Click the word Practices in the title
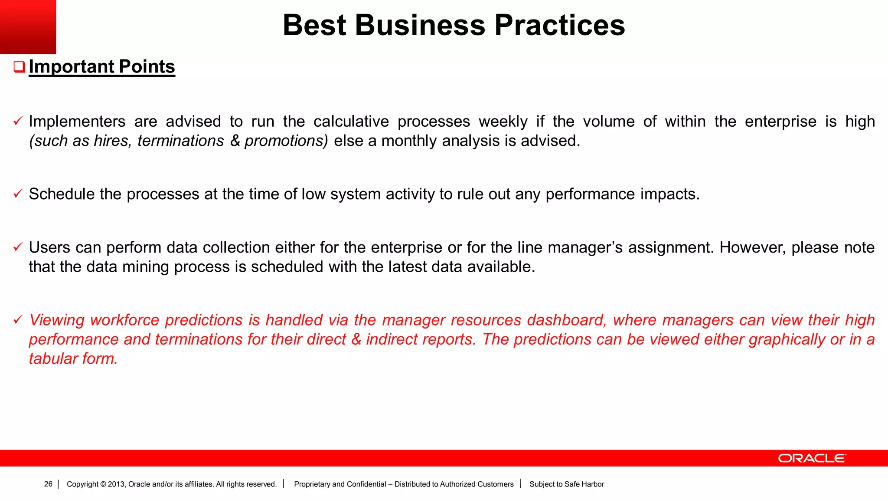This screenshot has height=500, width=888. click(559, 25)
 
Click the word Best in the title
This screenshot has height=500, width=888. click(314, 25)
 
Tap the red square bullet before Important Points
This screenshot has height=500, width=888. click(19, 67)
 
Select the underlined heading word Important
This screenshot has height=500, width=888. click(71, 67)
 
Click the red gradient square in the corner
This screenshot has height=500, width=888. click(28, 26)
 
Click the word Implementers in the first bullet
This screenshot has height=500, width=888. click(77, 122)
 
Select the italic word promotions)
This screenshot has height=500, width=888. click(286, 141)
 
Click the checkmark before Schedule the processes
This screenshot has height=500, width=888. click(18, 194)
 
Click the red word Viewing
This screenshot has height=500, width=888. click(57, 320)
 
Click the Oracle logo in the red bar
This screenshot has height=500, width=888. click(812, 458)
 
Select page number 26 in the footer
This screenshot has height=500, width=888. click(48, 484)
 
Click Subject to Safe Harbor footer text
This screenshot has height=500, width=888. click(566, 484)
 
